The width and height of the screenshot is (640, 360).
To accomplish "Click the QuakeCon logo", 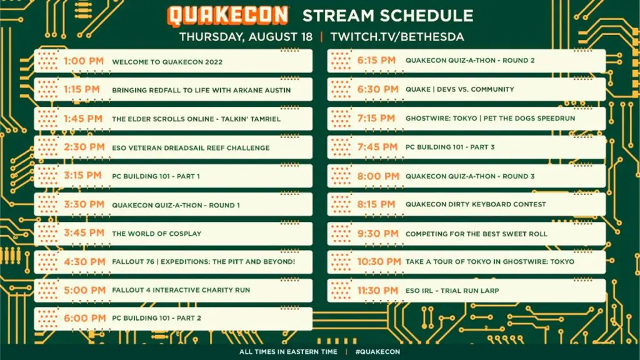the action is (x=227, y=16).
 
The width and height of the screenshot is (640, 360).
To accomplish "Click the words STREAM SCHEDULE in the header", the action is (x=387, y=16).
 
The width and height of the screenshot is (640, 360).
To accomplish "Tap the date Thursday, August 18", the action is (x=246, y=37).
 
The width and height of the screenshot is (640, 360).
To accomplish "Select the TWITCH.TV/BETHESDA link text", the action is (x=397, y=37).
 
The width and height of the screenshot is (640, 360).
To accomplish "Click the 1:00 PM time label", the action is (x=84, y=61).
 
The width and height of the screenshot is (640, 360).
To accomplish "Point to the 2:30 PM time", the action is (x=84, y=147).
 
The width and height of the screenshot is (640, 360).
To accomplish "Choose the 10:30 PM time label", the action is (x=379, y=262).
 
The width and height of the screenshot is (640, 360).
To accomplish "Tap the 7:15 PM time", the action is (x=376, y=118).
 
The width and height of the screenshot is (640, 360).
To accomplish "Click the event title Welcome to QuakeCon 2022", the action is (x=167, y=62).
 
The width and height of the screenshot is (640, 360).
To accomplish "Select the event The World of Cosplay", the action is (x=157, y=234).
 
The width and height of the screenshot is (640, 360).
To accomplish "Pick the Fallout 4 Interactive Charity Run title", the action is (x=181, y=290).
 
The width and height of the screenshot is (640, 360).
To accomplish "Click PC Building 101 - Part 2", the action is (x=157, y=318).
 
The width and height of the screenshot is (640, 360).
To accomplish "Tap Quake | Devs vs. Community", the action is (x=459, y=89).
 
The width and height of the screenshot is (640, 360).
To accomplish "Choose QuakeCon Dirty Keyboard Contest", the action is (x=476, y=204).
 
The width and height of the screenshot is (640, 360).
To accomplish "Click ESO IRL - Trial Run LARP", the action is (x=452, y=291).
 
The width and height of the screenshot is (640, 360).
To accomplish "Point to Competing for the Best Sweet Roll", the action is (x=476, y=234).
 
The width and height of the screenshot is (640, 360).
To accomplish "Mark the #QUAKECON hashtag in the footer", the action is (x=377, y=352).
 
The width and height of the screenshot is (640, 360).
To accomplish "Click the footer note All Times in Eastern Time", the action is (x=288, y=352).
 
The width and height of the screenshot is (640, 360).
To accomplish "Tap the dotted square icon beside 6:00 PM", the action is (x=47, y=318).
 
